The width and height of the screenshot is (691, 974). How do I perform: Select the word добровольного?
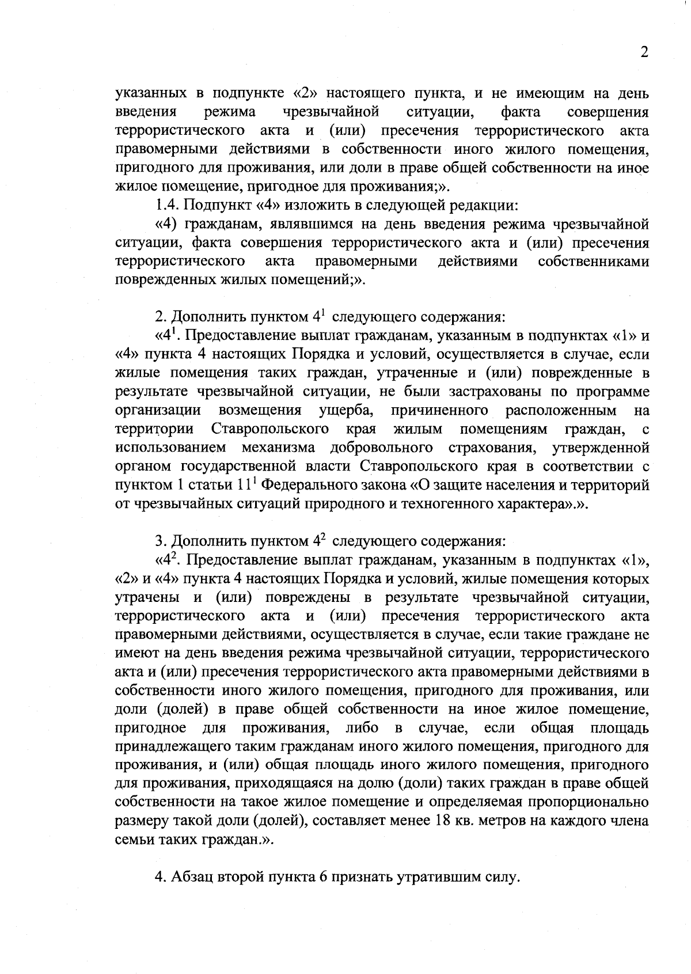(x=382, y=448)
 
